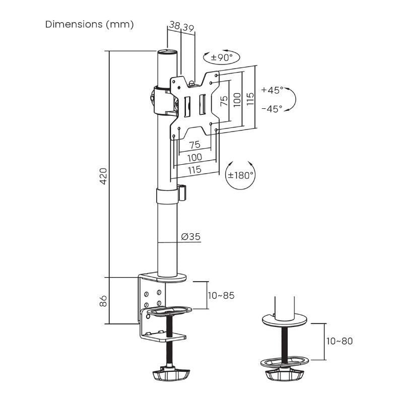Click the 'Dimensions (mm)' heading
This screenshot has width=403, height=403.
click(90, 24)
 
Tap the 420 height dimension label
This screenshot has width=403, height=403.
click(103, 176)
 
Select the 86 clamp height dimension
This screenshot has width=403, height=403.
click(103, 301)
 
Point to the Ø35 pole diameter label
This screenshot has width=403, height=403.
click(189, 236)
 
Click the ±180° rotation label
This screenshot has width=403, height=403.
click(240, 175)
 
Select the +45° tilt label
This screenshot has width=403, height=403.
click(272, 91)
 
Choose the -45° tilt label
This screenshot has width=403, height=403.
click(272, 109)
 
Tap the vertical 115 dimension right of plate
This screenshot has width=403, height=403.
click(250, 98)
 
